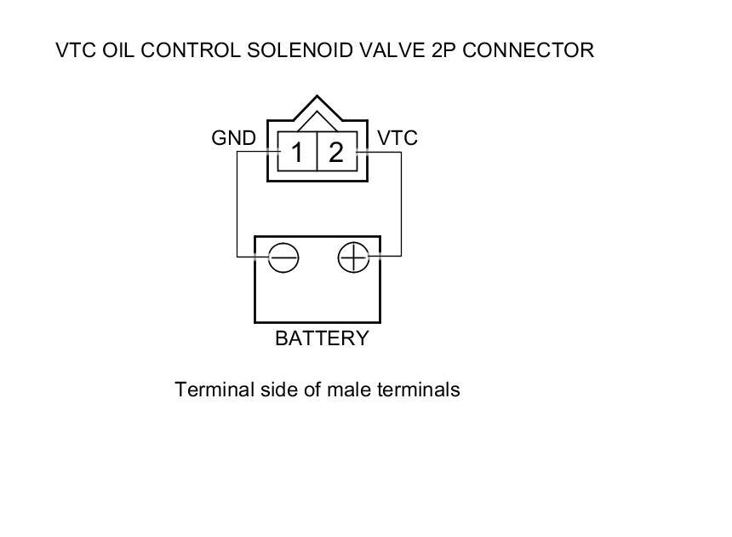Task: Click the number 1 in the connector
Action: [297, 153]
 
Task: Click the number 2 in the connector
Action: [336, 153]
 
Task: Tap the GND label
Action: [233, 137]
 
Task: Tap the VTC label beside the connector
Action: [397, 137]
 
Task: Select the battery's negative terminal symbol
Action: [283, 257]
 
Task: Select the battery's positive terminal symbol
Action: [353, 257]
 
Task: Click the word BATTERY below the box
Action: [322, 338]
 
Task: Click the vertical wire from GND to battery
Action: [237, 205]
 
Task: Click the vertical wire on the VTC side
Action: [400, 205]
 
